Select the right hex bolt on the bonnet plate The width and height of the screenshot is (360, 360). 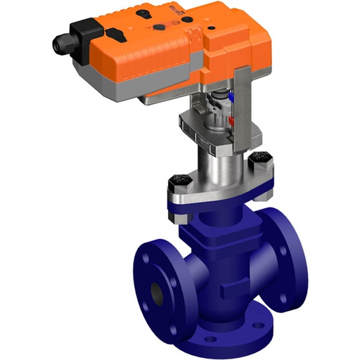pyautogui.click(x=257, y=169)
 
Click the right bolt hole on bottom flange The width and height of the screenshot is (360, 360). pyautogui.click(x=267, y=321)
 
